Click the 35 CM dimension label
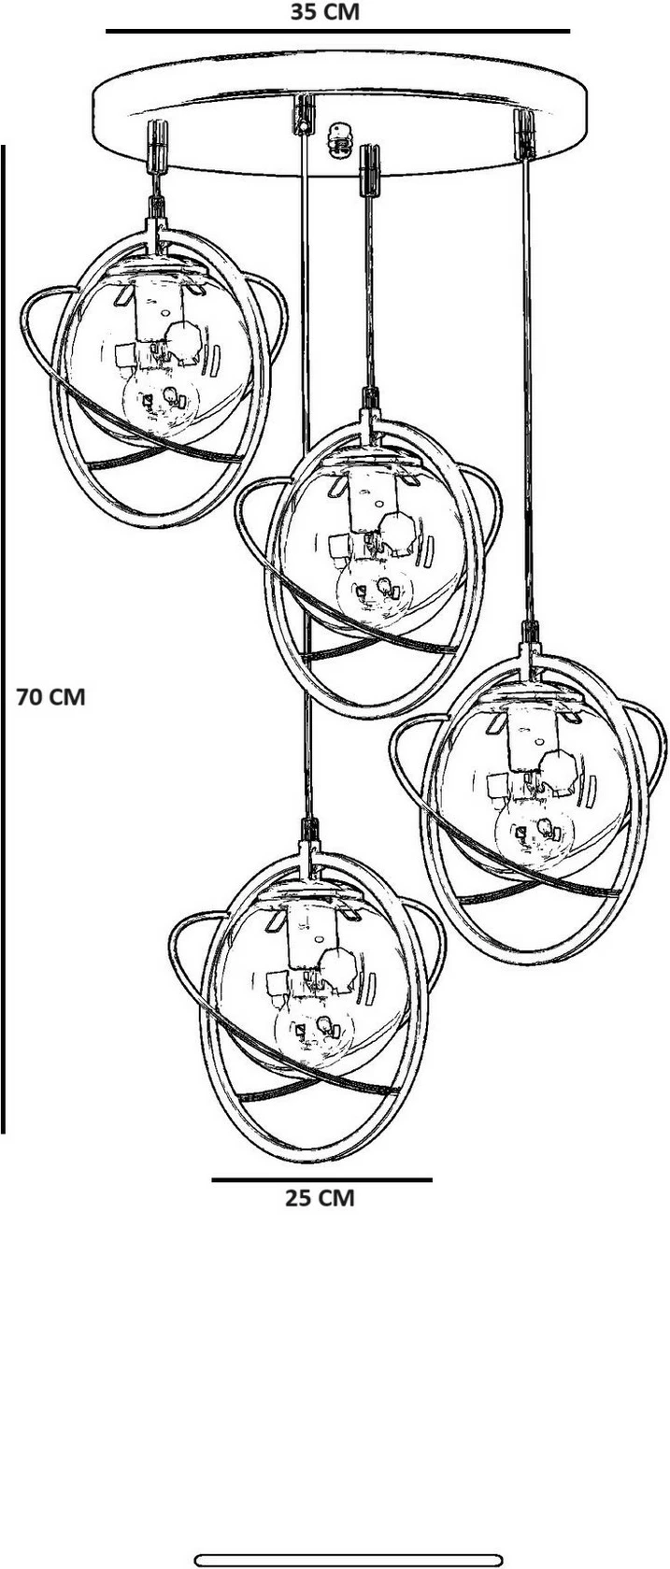(324, 11)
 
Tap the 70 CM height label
(50, 697)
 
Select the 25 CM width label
(320, 1198)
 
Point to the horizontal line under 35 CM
(337, 32)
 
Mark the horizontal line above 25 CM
(322, 1179)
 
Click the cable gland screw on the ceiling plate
(338, 139)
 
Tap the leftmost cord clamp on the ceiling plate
(157, 146)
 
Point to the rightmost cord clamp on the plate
(524, 134)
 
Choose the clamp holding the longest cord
(303, 114)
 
